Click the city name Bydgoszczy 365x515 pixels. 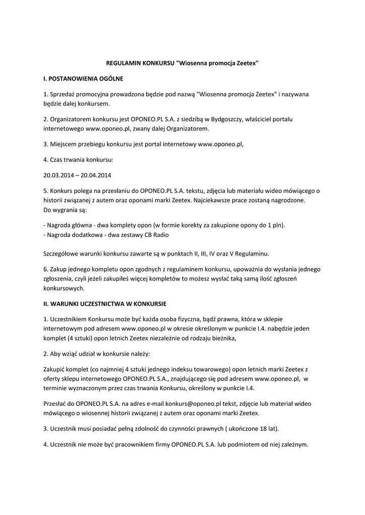(x=225, y=119)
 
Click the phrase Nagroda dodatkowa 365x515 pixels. (x=72, y=235)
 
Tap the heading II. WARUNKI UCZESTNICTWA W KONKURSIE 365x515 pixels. (x=105, y=304)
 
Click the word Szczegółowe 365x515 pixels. (x=61, y=252)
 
